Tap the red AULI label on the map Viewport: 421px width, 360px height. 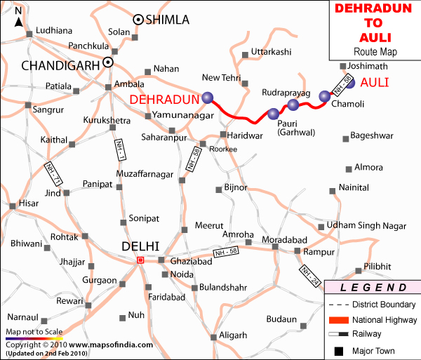pyautogui.click(x=378, y=82)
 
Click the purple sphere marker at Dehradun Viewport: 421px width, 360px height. pyautogui.click(x=207, y=98)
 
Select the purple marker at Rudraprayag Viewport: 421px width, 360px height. pyautogui.click(x=293, y=105)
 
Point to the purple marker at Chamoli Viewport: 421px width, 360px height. pyautogui.click(x=324, y=96)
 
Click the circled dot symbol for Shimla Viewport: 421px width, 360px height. pyautogui.click(x=138, y=20)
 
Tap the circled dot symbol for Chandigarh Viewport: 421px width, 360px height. pyautogui.click(x=108, y=62)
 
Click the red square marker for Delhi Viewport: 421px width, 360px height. pyautogui.click(x=140, y=260)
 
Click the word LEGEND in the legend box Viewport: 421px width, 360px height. pyautogui.click(x=372, y=288)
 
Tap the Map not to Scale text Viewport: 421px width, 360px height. pyautogui.click(x=34, y=331)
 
